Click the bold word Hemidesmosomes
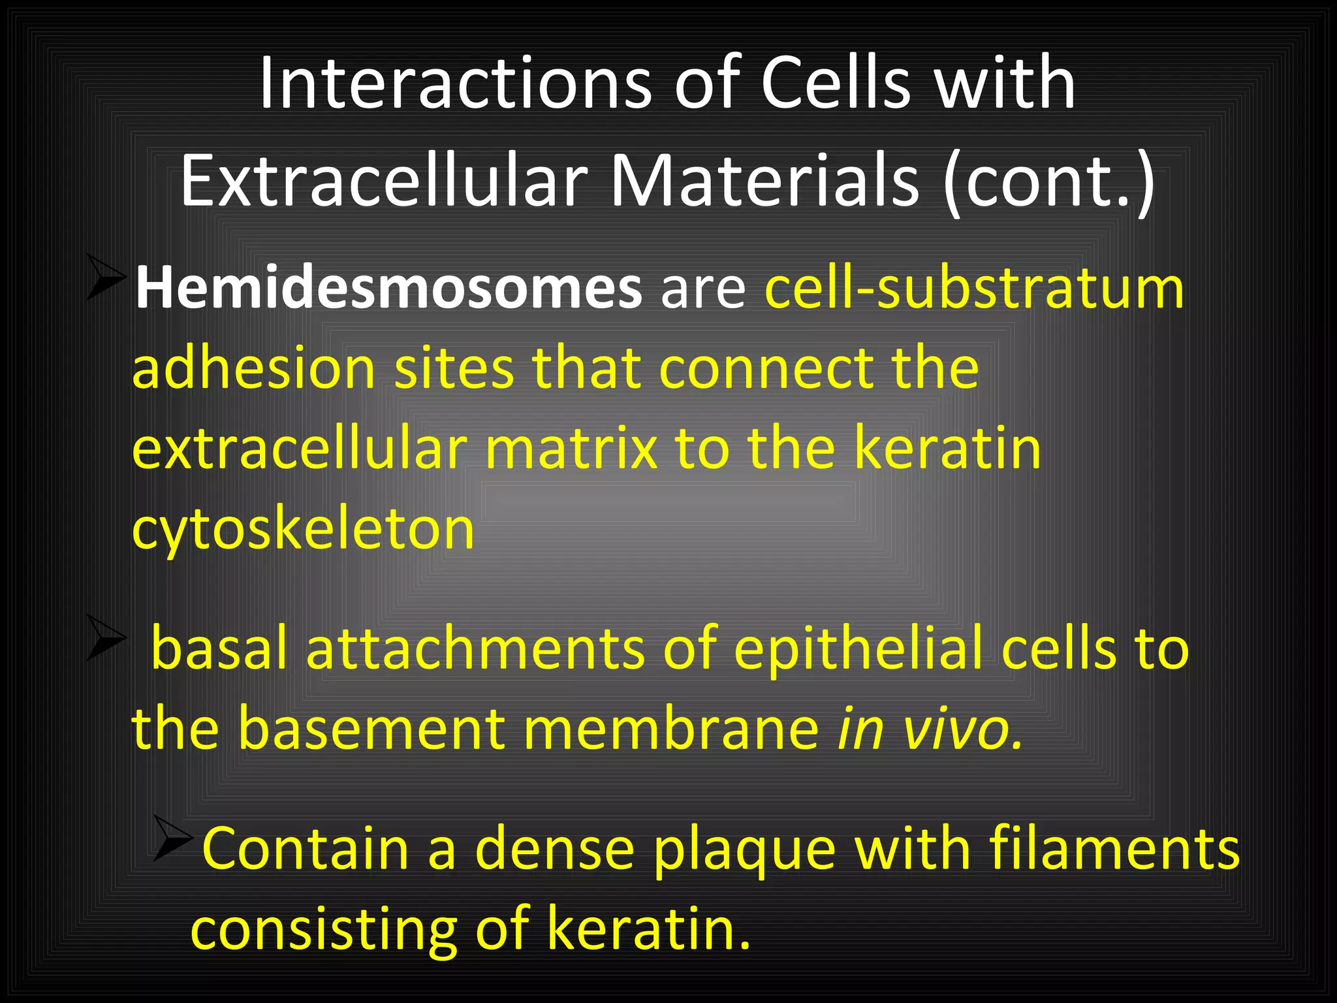[x=388, y=288]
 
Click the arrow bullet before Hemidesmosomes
[x=106, y=278]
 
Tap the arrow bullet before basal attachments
[x=106, y=637]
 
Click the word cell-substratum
[x=974, y=288]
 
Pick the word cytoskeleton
[x=303, y=529]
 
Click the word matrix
[x=571, y=449]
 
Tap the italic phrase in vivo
[x=930, y=729]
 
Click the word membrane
[x=670, y=729]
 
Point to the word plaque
[x=744, y=850]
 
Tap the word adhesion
[x=253, y=368]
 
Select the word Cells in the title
[x=836, y=83]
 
